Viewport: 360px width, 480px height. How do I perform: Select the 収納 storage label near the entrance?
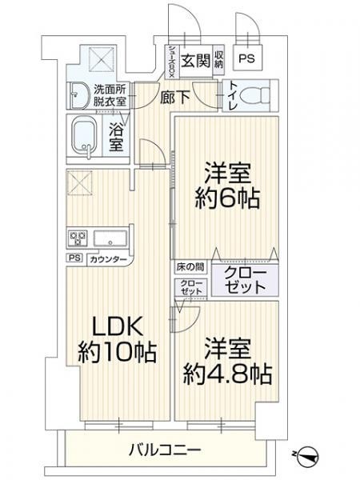click(218, 60)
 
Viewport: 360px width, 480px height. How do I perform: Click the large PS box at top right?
click(247, 58)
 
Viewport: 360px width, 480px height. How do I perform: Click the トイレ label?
click(231, 95)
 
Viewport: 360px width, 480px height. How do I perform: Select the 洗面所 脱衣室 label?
click(110, 95)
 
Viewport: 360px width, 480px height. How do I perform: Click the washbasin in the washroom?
click(78, 95)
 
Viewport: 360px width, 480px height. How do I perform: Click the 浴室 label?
click(116, 138)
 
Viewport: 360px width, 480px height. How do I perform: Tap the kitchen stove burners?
click(77, 238)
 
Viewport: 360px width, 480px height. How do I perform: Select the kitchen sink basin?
click(110, 238)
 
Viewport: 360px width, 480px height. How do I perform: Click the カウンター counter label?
click(108, 260)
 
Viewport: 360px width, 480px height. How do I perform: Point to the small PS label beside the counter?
click(74, 258)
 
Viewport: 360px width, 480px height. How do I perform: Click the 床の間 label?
click(190, 267)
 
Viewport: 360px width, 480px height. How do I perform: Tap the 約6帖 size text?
click(227, 198)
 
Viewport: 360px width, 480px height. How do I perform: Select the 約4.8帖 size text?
click(227, 374)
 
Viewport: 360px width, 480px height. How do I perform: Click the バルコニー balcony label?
click(165, 450)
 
